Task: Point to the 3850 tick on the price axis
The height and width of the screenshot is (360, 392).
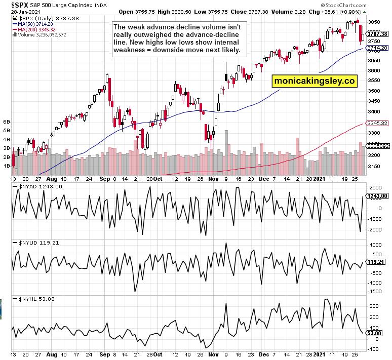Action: tap(374, 22)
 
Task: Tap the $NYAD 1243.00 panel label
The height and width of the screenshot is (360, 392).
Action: tap(40, 186)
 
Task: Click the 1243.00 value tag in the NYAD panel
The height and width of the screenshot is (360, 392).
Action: tap(377, 195)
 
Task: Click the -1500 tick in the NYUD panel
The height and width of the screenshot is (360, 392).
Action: tap(374, 291)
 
